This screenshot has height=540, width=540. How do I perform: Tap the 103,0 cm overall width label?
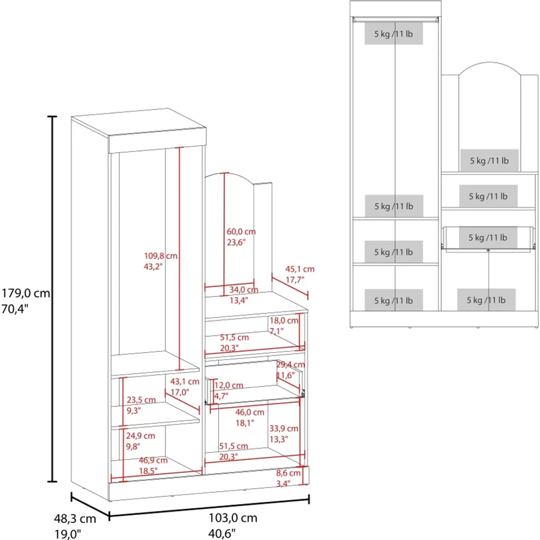tap(233, 518)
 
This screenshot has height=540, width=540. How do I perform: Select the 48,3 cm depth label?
tap(75, 519)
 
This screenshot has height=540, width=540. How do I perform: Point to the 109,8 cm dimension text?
tap(161, 256)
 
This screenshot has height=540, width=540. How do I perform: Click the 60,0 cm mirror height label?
tap(241, 231)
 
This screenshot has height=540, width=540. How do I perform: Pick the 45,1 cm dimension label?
tap(300, 269)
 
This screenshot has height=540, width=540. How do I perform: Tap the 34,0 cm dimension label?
tap(244, 290)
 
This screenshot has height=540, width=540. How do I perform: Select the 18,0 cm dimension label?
tap(284, 320)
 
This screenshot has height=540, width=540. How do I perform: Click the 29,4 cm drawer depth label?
tap(291, 365)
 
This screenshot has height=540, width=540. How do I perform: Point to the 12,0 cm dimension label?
tap(229, 386)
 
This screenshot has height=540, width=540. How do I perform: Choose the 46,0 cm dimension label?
tap(249, 412)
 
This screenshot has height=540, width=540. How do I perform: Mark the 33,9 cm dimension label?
tap(284, 428)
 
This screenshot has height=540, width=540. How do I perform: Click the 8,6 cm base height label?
tap(288, 473)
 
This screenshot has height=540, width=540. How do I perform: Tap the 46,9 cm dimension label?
tap(153, 460)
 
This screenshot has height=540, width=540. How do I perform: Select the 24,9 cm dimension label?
tap(140, 436)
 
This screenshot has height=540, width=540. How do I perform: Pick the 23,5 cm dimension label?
tap(141, 400)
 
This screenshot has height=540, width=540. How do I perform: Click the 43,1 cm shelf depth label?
tap(184, 382)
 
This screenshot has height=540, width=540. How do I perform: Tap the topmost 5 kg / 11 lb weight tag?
tap(393, 34)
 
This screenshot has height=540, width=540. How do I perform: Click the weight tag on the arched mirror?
tap(489, 161)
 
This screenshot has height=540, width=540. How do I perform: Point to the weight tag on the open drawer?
tap(488, 238)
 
